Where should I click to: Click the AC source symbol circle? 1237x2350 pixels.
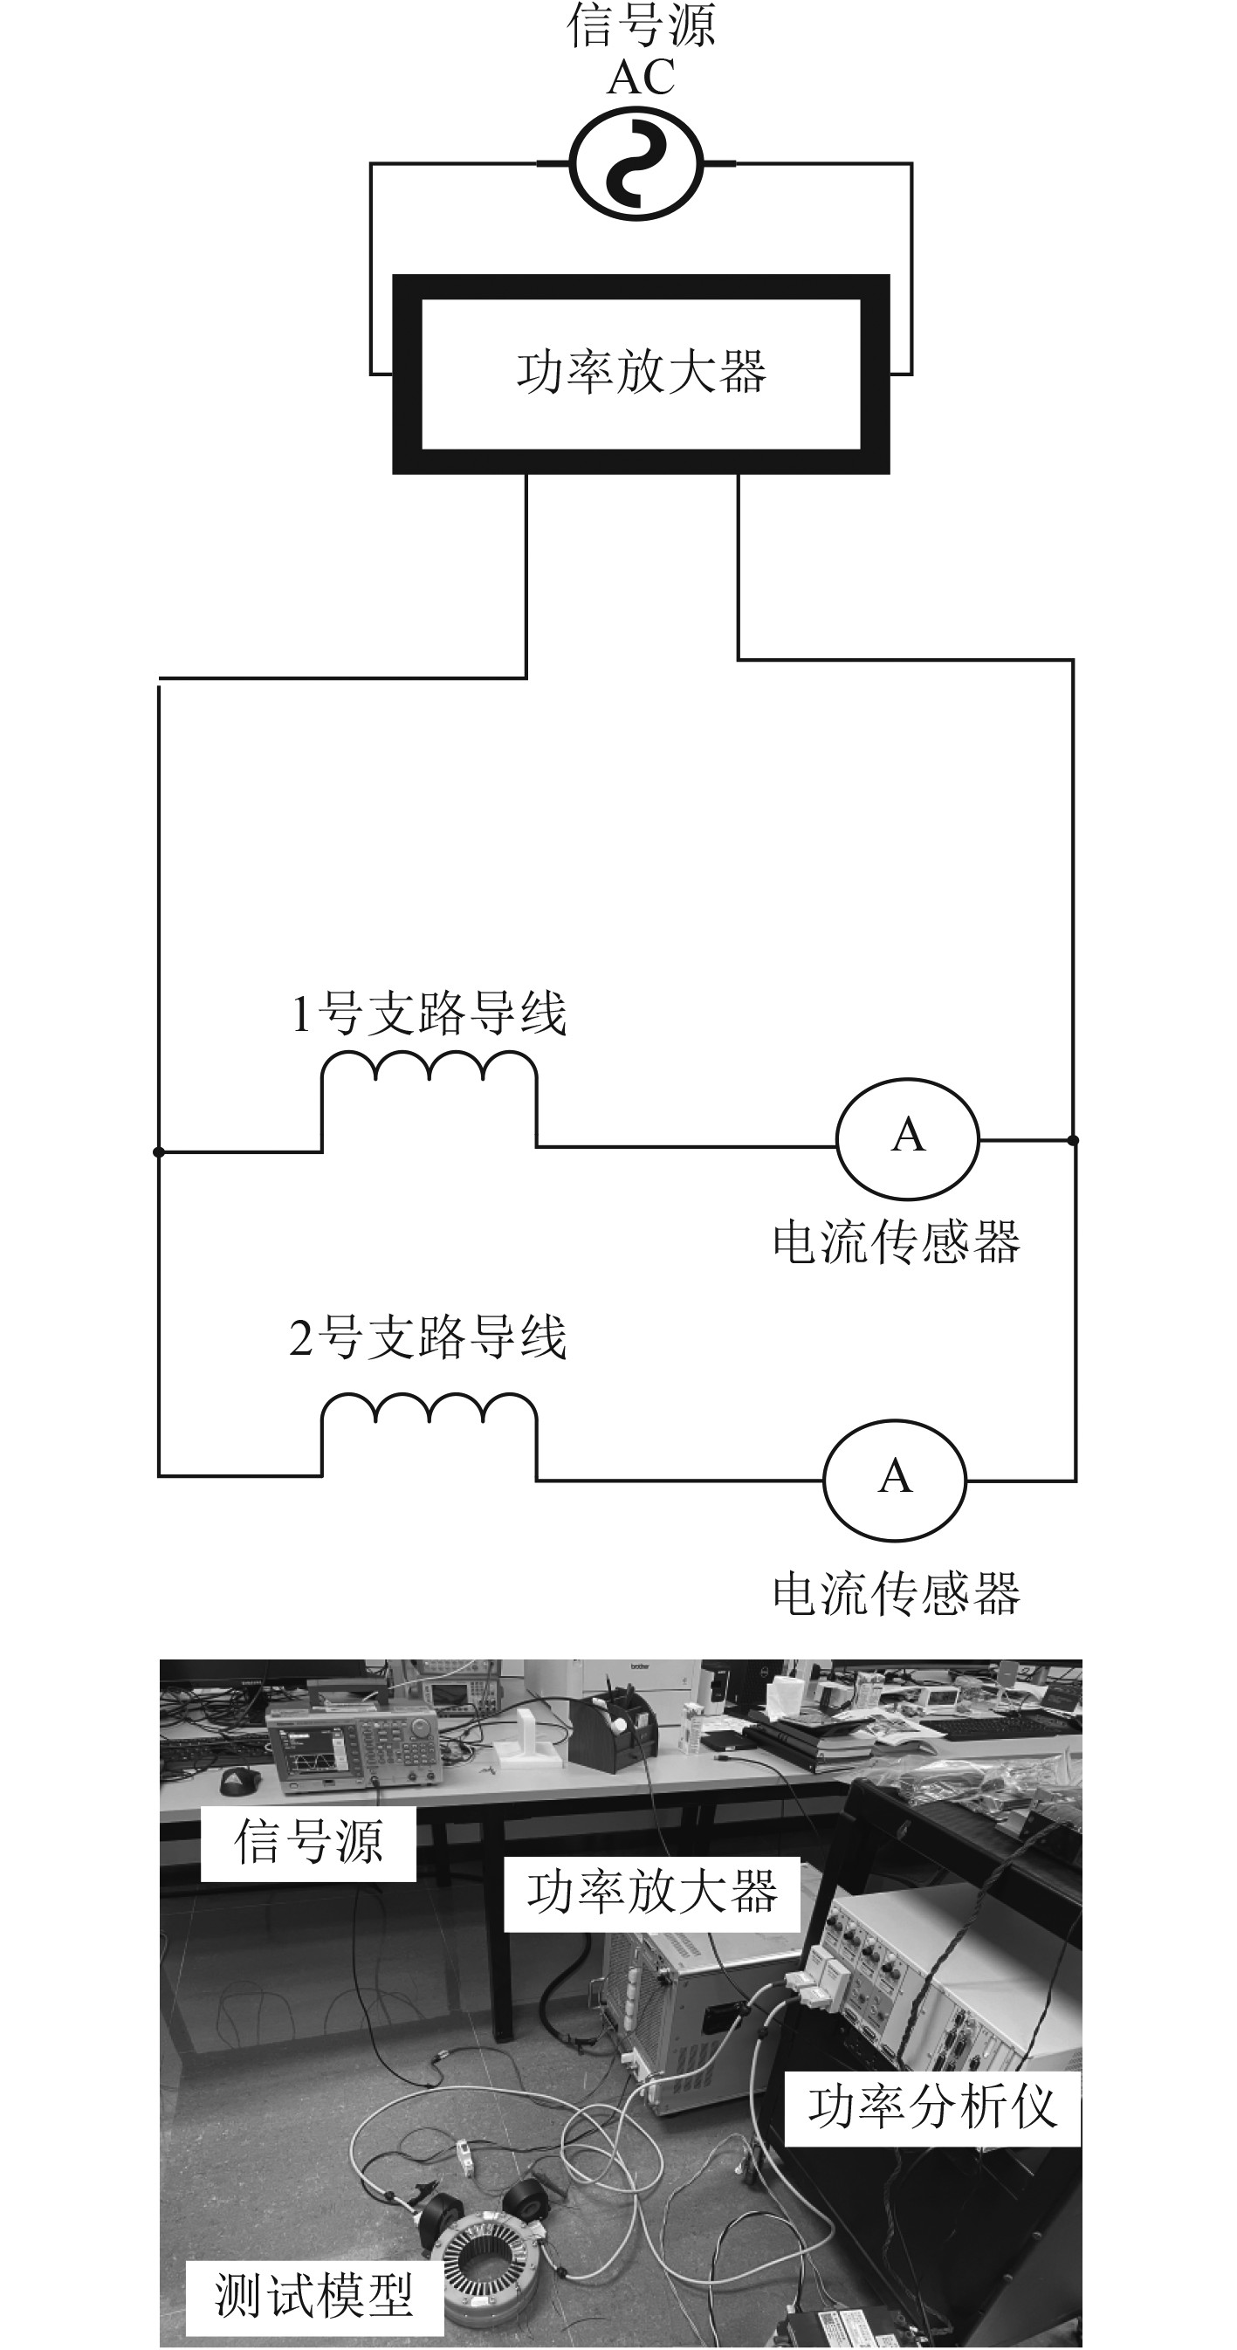(x=636, y=163)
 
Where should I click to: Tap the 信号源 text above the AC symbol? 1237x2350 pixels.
(x=641, y=24)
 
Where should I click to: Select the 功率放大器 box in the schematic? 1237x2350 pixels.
(x=641, y=373)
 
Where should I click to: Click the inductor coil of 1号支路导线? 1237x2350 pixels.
(x=429, y=1068)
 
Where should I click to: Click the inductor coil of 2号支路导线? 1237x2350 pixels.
(x=429, y=1409)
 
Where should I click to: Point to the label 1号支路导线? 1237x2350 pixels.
(x=429, y=1013)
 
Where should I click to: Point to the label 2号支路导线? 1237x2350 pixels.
(x=429, y=1337)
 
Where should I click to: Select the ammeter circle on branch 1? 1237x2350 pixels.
(x=907, y=1137)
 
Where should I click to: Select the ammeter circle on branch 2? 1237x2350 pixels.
(x=894, y=1479)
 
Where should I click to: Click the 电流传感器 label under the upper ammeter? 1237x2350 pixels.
(x=896, y=1241)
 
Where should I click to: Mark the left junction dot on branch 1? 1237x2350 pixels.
(x=159, y=1151)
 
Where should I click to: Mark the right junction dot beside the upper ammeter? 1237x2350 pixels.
(x=1073, y=1139)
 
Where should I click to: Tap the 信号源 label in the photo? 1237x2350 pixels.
(x=308, y=1840)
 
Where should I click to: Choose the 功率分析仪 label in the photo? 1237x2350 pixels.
(x=932, y=2106)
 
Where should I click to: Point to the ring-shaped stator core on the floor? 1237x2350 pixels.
(x=488, y=2243)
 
